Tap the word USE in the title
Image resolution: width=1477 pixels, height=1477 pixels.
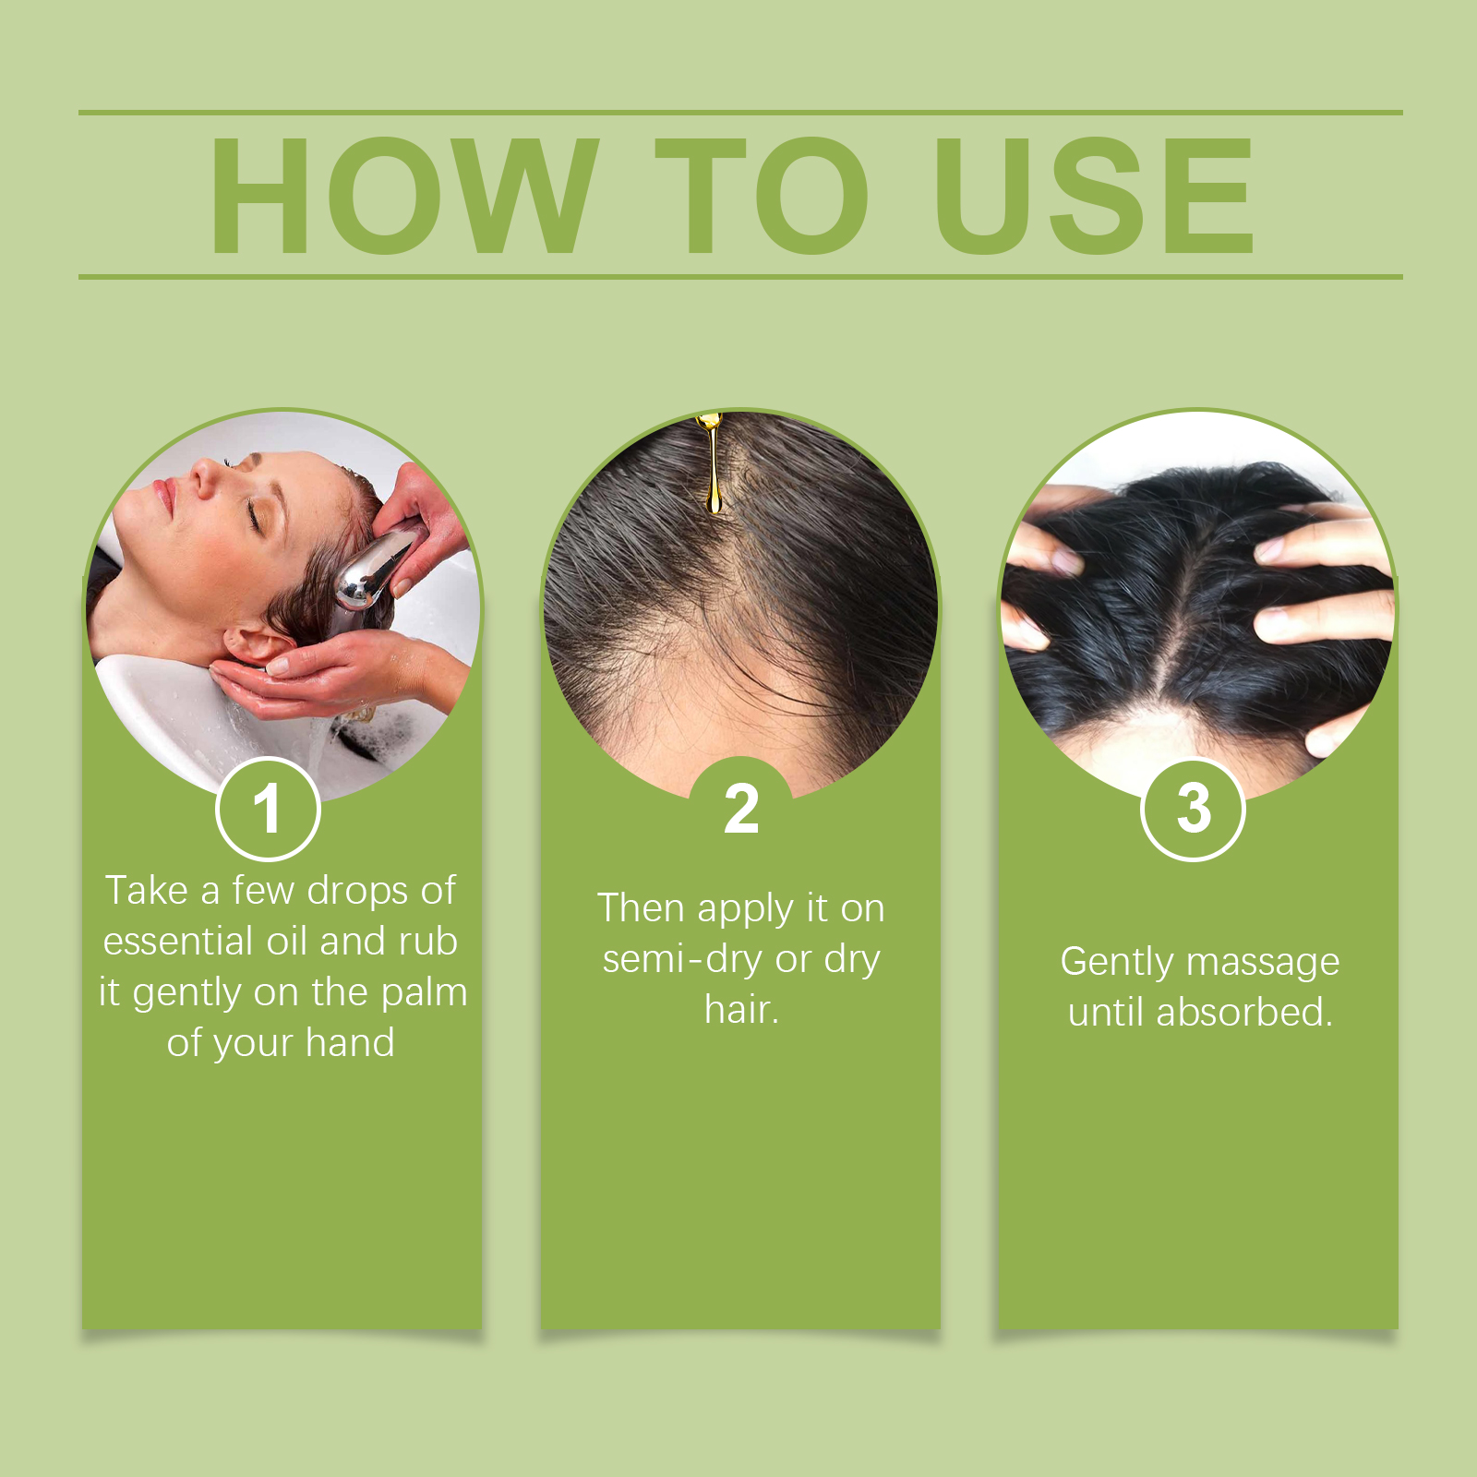pos(1095,195)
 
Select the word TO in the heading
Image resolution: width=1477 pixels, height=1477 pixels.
pos(761,195)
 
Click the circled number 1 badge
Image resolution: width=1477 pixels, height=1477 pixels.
pos(268,809)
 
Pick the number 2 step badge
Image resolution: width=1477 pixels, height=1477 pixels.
pos(741,809)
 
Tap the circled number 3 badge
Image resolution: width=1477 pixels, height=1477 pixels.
pos(1194,809)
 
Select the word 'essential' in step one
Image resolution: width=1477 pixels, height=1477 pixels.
pos(178,942)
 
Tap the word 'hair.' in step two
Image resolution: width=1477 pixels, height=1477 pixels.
pos(741,1009)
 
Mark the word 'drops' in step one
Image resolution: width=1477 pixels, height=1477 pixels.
pos(358,892)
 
